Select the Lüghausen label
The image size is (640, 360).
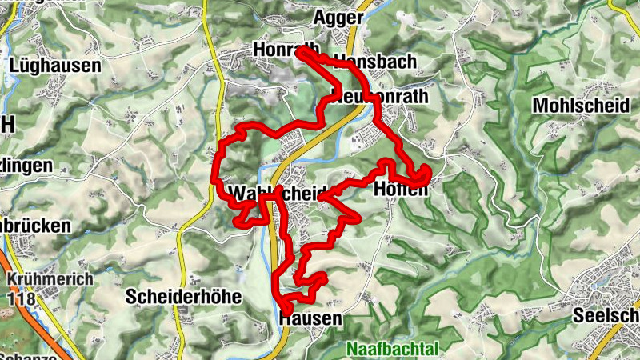point(56,66)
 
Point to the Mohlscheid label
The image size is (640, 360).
point(574,105)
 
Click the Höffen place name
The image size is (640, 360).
point(400,190)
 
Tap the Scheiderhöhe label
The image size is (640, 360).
point(183,296)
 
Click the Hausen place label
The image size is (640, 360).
point(311,318)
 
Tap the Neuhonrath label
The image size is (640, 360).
point(380,96)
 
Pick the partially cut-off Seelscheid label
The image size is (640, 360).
point(606,316)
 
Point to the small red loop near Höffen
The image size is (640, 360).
point(422,176)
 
